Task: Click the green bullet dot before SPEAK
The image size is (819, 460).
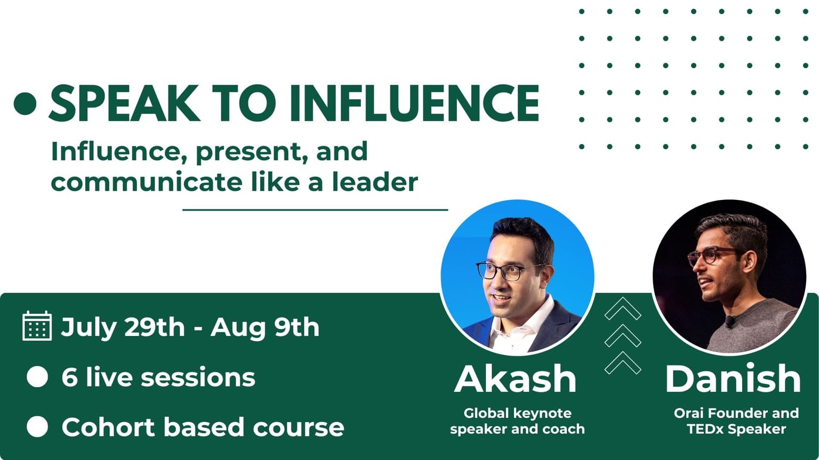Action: coord(25,103)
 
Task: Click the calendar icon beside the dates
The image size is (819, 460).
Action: coord(37,326)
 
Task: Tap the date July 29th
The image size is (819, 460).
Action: coord(123,328)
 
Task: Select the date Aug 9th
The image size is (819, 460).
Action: coord(265,327)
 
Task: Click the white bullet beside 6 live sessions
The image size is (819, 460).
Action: coord(37,377)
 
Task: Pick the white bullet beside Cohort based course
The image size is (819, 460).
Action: coord(37,426)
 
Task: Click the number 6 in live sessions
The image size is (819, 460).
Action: coord(69,377)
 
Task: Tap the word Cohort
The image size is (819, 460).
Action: coord(109,426)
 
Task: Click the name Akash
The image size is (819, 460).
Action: coord(516,378)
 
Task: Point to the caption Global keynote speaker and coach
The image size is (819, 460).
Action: coord(517,421)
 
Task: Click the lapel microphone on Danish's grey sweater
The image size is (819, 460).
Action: coord(730,321)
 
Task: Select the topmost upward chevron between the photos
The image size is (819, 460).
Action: coord(623,309)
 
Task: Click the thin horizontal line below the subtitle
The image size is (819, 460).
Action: coord(315,210)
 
